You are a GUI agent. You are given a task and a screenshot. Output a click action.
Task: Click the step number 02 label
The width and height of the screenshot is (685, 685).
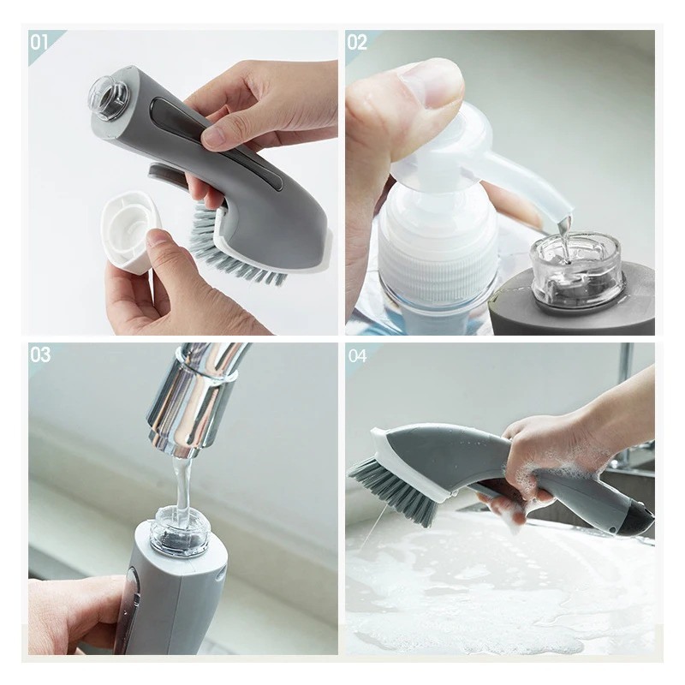pos(357,42)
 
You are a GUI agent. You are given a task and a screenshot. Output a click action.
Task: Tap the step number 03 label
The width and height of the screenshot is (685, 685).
pos(40,354)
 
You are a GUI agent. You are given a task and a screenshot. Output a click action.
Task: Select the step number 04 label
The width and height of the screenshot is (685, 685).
pos(358,354)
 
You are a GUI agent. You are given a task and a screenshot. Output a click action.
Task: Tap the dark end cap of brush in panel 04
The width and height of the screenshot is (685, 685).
pos(638,518)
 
